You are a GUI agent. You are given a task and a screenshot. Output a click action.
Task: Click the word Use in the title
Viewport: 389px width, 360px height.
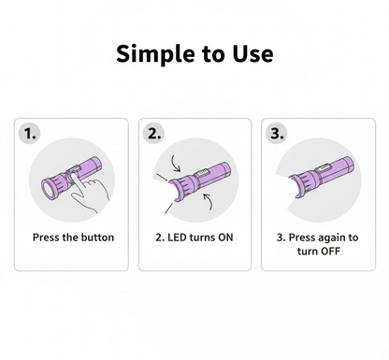(x=251, y=53)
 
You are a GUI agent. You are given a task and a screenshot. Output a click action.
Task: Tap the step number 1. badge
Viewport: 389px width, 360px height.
(x=32, y=134)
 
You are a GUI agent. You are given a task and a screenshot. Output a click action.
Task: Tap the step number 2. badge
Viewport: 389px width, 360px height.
(x=154, y=134)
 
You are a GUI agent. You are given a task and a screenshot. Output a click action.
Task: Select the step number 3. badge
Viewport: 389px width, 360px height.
(x=277, y=134)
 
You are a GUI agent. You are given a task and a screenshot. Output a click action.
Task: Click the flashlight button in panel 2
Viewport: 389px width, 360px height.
(x=202, y=170)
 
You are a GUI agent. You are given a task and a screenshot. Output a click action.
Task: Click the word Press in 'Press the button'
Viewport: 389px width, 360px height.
(x=48, y=238)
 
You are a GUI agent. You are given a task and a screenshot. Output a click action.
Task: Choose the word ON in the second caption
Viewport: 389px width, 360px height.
(x=225, y=238)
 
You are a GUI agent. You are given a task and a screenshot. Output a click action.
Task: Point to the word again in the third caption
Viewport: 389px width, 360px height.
(x=333, y=238)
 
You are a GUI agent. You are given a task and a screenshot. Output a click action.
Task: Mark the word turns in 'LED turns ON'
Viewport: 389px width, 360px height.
(x=202, y=238)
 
